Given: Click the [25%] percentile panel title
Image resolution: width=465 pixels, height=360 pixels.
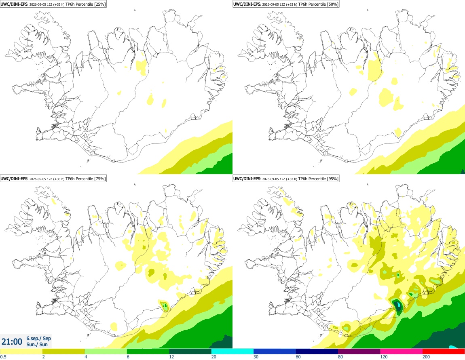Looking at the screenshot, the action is click(53, 4).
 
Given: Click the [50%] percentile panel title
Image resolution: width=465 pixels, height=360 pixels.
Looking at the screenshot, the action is click(286, 4).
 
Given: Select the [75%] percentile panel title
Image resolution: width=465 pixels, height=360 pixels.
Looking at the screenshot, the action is click(53, 179).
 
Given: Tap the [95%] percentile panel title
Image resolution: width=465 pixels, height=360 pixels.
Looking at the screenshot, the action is click(286, 179).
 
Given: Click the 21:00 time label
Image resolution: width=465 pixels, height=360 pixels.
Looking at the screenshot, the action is click(12, 342).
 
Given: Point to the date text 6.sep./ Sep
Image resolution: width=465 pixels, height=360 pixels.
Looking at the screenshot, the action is click(38, 338).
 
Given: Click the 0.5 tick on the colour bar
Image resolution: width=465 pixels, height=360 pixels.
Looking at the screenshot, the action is click(3, 357).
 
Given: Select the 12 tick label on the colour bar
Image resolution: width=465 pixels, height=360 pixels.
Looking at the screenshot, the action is click(171, 357).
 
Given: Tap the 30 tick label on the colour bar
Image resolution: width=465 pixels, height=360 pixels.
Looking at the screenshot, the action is click(256, 357).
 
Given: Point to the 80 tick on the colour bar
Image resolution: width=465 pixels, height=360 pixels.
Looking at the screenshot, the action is click(340, 357).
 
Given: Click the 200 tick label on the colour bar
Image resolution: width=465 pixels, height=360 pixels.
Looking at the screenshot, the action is click(426, 357).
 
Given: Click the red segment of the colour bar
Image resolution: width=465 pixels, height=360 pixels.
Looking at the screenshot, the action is click(444, 352).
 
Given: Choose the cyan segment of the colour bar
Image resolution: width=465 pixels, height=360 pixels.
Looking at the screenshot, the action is click(232, 352).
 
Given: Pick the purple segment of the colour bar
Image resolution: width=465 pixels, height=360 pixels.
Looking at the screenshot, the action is click(359, 352).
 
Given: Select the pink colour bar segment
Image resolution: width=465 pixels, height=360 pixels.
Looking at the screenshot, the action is click(401, 352).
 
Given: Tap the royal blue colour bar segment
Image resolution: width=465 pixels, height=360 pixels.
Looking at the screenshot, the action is click(275, 352).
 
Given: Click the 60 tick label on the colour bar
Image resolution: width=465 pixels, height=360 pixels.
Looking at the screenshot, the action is click(298, 357).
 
